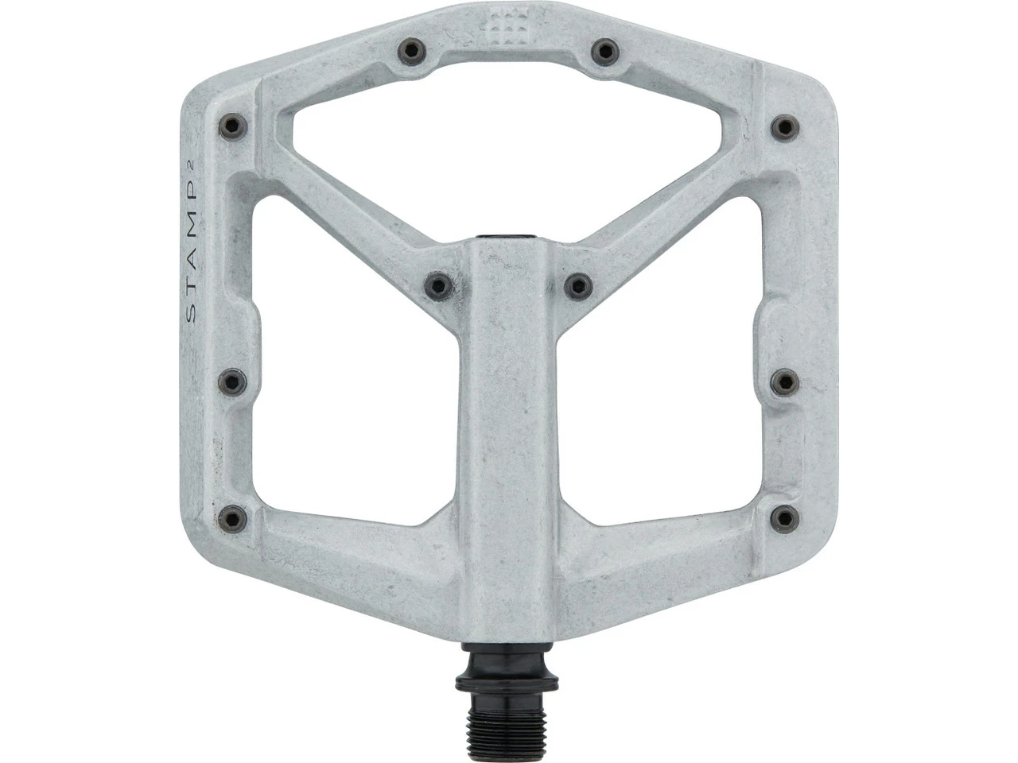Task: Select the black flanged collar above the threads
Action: coord(507,684)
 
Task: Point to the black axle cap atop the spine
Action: coord(507,237)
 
